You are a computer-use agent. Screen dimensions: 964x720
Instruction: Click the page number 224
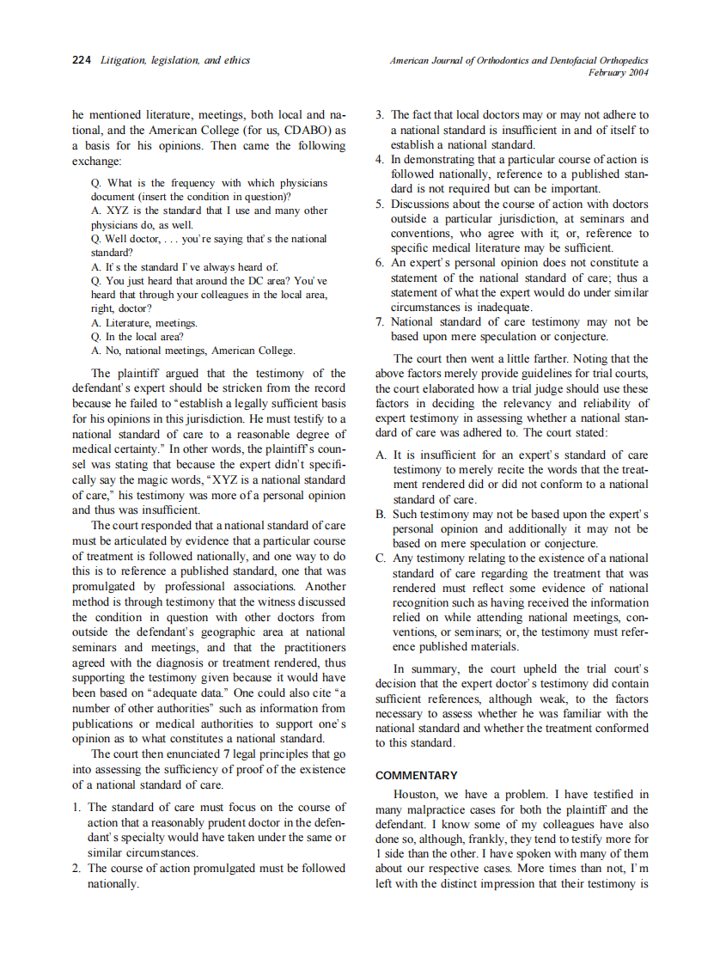pos(82,60)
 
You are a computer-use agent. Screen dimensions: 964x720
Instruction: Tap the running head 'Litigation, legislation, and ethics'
pos(175,60)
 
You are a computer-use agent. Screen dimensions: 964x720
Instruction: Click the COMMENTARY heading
pos(417,775)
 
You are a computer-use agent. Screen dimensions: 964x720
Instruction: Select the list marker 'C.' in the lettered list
pos(382,558)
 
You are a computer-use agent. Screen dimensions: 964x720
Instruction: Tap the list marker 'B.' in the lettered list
pos(382,515)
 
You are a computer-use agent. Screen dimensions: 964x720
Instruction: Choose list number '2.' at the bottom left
pos(77,869)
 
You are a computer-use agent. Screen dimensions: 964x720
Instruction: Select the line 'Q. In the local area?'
pos(137,337)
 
